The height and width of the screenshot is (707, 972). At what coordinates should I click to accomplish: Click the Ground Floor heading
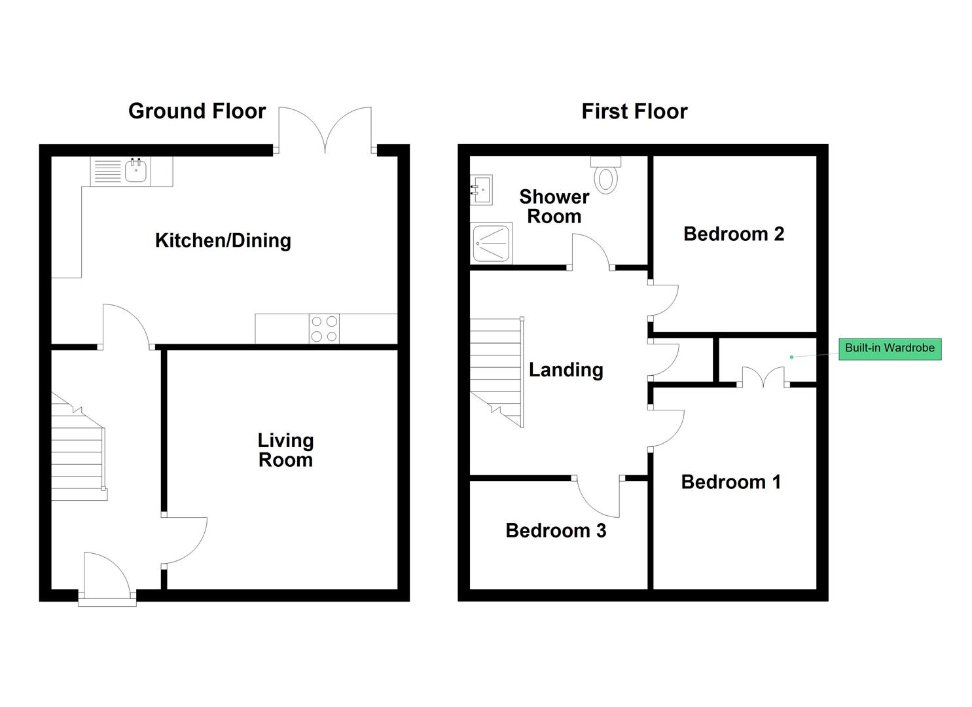coord(197,111)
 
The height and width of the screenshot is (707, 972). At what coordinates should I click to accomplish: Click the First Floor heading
coord(634,111)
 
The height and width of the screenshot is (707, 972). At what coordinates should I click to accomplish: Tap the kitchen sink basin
coord(136,171)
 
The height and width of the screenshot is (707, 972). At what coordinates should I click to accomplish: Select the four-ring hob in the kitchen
coord(324,329)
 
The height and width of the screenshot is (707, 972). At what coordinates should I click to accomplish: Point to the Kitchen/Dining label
coord(223,241)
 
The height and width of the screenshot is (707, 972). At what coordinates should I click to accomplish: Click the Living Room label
coord(285,450)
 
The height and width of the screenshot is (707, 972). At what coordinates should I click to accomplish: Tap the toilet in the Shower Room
coord(605,175)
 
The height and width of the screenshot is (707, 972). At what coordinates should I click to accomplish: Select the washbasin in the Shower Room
coord(481,190)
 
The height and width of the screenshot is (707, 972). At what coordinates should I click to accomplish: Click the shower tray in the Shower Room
coord(491,243)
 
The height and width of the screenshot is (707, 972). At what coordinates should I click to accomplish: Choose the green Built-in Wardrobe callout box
coord(890,349)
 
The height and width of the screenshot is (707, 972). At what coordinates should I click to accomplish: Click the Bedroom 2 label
coord(734,234)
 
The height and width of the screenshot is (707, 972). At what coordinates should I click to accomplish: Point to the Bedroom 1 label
coord(730,482)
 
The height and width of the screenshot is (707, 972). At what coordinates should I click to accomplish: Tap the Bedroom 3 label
coord(556,531)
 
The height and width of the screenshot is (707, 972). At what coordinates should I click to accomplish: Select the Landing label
coord(566,371)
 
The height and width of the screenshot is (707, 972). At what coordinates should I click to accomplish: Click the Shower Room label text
coord(554,207)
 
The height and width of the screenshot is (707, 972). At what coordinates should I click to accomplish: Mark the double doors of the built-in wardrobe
coord(763,377)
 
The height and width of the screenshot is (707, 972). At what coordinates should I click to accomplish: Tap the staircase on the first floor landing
coord(497,372)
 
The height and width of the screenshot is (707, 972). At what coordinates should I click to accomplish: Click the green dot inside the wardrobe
coord(791,357)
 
